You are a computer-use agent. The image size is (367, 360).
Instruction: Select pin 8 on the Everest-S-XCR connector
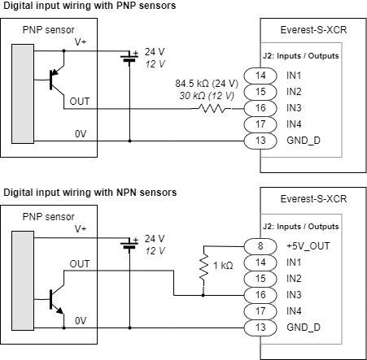260,245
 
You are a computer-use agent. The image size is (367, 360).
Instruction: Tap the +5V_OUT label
307,246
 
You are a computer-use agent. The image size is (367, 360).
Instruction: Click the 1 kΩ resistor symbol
203,267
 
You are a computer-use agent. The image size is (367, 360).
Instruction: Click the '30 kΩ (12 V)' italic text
208,95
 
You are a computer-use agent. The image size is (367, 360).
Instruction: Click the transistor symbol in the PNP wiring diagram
55,79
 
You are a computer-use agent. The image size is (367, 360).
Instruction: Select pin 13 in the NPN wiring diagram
260,327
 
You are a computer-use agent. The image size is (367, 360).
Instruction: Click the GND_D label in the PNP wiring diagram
303,141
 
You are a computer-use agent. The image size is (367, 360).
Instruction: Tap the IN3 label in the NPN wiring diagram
295,295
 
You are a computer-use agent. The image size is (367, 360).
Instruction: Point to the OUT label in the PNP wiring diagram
81,100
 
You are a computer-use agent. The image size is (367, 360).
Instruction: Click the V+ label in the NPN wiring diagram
81,230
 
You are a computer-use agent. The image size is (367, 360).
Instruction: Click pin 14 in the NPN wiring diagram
260,262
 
